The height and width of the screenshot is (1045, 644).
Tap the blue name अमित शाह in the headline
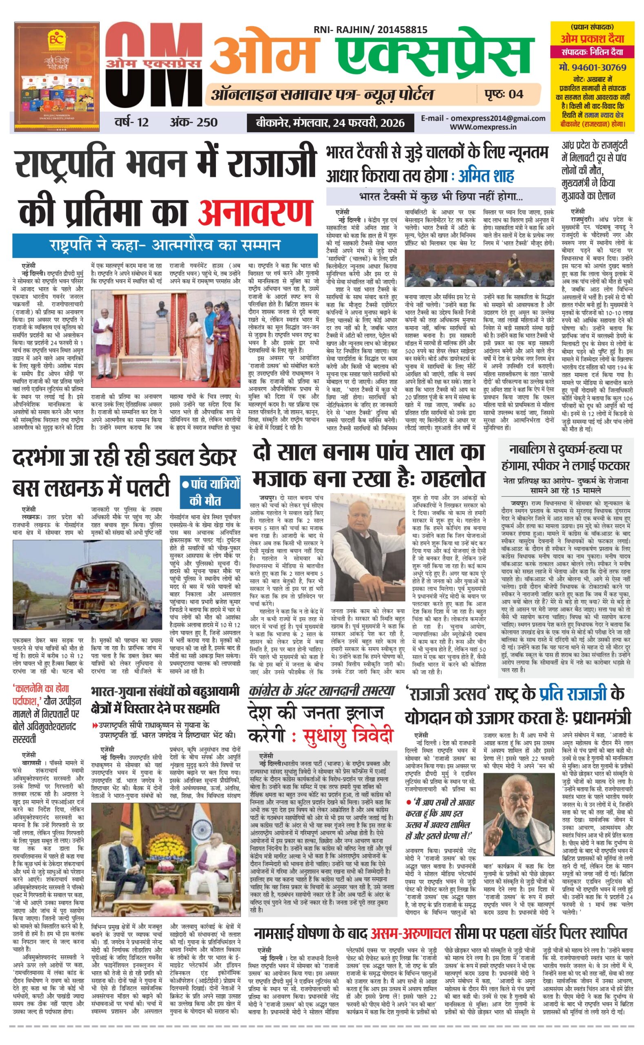pos(486,176)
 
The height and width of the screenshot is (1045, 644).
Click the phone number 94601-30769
pos(593,67)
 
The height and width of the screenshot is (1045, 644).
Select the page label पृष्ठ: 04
pos(504,94)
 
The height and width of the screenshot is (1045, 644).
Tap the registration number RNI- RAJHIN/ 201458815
pos(370,29)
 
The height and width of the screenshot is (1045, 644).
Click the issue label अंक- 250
pos(193,123)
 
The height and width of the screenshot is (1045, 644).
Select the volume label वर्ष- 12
pos(131,123)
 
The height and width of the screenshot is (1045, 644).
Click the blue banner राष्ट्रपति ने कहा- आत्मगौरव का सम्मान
pos(165,245)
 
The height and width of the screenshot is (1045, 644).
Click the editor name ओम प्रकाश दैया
pos(592,39)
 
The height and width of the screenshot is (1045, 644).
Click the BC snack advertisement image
pos(57,76)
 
